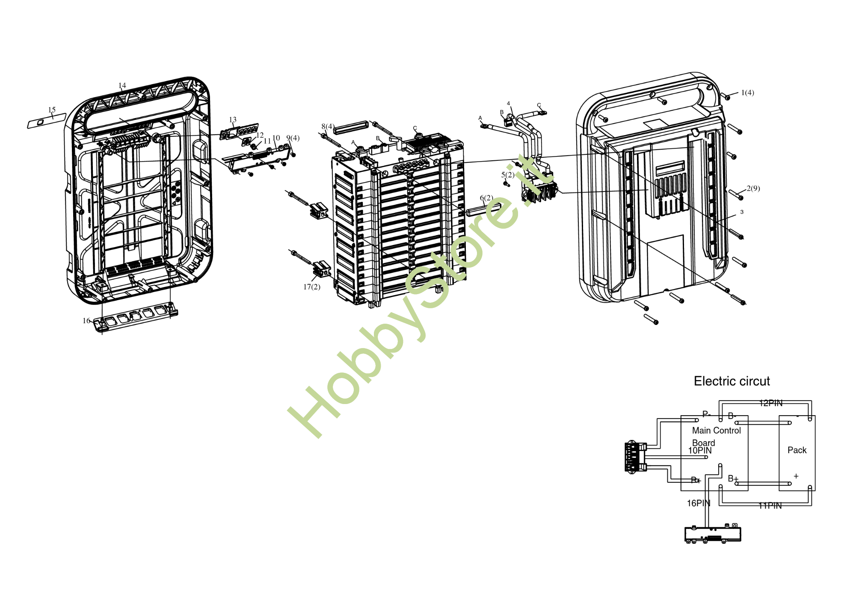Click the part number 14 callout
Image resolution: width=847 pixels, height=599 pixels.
122,86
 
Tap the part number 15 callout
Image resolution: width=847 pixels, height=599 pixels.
52,110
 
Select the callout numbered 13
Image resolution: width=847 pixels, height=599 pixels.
232,120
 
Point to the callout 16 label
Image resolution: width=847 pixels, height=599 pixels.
86,321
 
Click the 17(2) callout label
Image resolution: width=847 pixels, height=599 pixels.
311,287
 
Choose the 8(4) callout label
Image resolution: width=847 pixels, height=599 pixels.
328,127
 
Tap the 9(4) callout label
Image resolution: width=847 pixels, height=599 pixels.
293,138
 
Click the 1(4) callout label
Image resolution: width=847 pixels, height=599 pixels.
747,93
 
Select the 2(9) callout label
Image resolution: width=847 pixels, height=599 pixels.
753,189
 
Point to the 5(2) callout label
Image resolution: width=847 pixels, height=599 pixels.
508,175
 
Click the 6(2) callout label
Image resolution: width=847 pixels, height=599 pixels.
486,198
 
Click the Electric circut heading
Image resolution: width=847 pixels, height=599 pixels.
731,381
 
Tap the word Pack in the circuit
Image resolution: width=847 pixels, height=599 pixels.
797,450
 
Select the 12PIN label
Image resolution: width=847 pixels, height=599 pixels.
770,403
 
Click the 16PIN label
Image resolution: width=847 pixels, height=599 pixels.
698,503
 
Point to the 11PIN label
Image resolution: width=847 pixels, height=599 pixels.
770,506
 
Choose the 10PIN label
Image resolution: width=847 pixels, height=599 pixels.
699,451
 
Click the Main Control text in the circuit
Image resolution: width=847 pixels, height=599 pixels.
716,431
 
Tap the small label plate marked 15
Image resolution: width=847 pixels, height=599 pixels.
46,121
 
